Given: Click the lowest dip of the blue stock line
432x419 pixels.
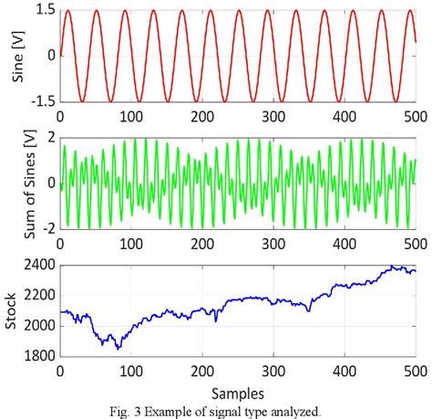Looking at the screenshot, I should pos(117,348).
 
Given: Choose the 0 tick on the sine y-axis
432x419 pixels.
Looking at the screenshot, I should pos(51,56).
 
